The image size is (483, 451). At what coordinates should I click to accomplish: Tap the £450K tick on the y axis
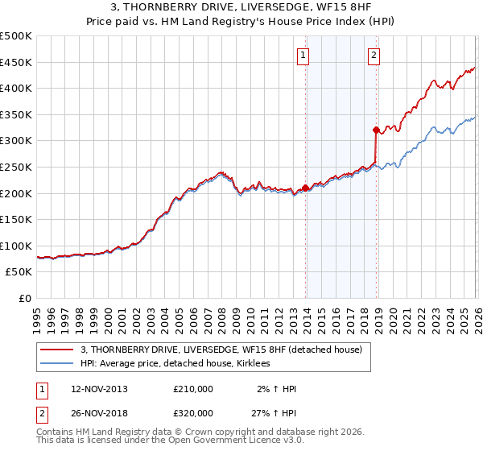tap(16, 62)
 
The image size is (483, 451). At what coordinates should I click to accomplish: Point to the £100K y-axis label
tap(16, 246)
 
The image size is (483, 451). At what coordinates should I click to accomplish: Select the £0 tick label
tap(24, 298)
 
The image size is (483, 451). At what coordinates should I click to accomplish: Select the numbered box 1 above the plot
tap(303, 56)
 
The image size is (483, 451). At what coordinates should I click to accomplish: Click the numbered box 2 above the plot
tap(374, 56)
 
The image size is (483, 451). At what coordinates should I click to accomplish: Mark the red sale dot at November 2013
tap(306, 188)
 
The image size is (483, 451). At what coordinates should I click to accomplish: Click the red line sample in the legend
tap(57, 350)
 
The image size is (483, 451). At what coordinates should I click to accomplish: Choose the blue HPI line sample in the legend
tap(57, 363)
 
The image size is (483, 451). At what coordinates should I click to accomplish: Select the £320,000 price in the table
tap(193, 412)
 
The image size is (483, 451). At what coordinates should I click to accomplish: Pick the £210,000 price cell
tap(193, 389)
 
